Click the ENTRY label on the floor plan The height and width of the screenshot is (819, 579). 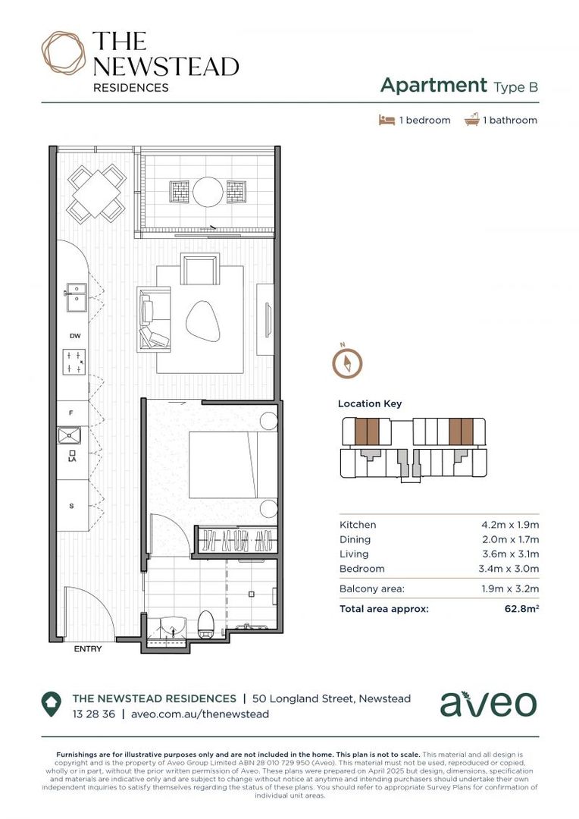(x=87, y=649)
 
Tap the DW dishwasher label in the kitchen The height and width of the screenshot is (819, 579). (x=74, y=335)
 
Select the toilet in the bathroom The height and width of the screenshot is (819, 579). (x=205, y=624)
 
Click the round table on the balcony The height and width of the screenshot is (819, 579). (x=207, y=192)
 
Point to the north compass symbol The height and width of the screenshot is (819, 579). (x=346, y=362)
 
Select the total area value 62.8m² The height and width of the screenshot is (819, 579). (x=521, y=608)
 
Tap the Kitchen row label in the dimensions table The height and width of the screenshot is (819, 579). (x=358, y=525)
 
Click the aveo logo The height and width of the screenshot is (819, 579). (x=488, y=704)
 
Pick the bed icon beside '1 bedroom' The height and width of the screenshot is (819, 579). (x=387, y=120)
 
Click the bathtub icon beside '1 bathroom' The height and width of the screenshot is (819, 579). (x=472, y=120)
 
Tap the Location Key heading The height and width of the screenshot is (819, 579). (x=370, y=404)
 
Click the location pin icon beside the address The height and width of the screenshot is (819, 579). (x=51, y=704)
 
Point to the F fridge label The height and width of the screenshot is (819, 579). (x=71, y=413)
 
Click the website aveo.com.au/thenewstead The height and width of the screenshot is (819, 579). (x=200, y=714)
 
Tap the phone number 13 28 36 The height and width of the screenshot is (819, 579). (x=93, y=714)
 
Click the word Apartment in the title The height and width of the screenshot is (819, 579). (x=433, y=85)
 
